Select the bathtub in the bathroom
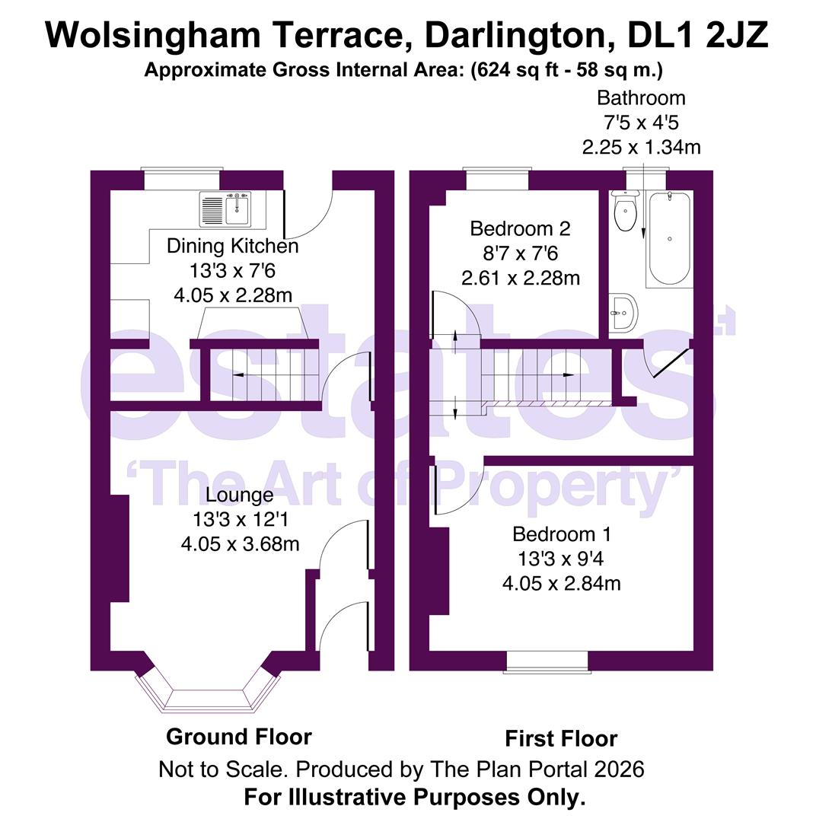(x=668, y=238)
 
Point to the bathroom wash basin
(x=623, y=313)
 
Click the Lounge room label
(x=239, y=495)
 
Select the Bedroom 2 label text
(x=520, y=228)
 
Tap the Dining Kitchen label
(x=232, y=246)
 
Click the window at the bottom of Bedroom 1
(x=547, y=662)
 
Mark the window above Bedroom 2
(x=497, y=180)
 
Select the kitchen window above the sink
(x=182, y=180)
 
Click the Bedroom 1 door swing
(x=454, y=487)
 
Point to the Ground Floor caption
(x=238, y=737)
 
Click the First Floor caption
(x=560, y=738)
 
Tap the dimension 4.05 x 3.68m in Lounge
(x=239, y=544)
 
